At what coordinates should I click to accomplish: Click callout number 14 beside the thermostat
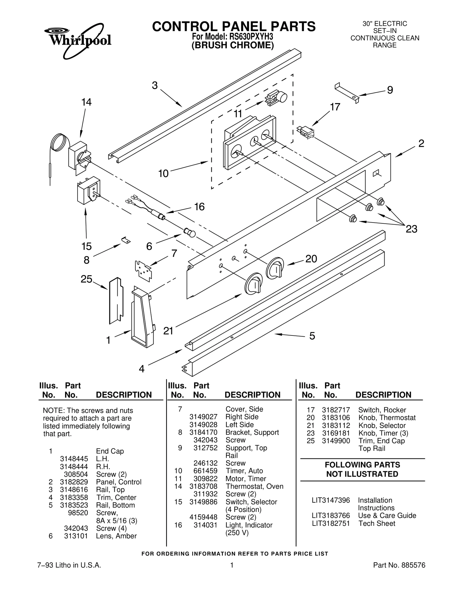click(x=86, y=102)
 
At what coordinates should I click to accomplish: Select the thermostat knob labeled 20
click(x=275, y=268)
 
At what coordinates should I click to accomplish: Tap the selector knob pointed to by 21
click(x=254, y=284)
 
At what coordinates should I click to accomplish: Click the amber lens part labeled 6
click(x=190, y=232)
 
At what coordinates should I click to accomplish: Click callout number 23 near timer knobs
click(x=411, y=229)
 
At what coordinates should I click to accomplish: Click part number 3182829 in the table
click(x=74, y=482)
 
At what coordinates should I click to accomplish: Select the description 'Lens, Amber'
click(x=116, y=536)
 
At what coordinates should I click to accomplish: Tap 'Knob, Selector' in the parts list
click(x=382, y=426)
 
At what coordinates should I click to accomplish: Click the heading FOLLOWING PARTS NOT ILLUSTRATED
click(x=362, y=469)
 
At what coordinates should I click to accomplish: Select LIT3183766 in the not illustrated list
click(x=331, y=516)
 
